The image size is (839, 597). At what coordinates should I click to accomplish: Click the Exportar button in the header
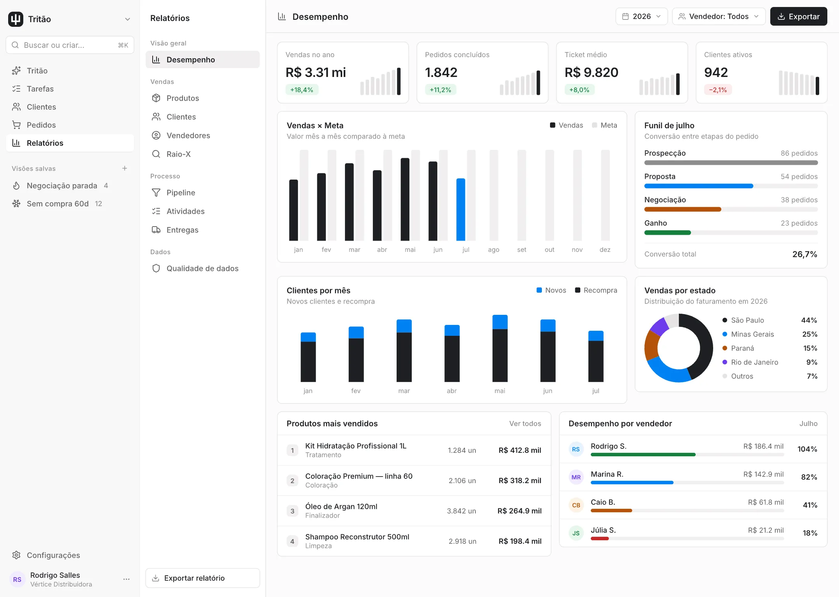(798, 16)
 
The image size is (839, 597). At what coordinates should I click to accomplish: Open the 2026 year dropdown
(641, 16)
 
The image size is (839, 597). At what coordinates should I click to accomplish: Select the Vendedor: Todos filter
(719, 16)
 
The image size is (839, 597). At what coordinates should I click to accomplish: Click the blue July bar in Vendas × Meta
(461, 209)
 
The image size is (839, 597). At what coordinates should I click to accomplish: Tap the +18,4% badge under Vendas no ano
(302, 90)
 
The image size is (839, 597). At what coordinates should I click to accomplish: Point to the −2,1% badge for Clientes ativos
(718, 90)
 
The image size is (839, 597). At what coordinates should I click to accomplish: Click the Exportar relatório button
(203, 578)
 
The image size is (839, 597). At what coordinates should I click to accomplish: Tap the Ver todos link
(525, 423)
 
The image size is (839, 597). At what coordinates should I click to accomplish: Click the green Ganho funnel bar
(668, 232)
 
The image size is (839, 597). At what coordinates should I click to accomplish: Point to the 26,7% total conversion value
(805, 254)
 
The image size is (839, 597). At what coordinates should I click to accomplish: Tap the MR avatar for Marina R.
(576, 477)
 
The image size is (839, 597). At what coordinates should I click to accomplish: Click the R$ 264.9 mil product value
(519, 511)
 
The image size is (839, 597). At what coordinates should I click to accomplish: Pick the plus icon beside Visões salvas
(125, 168)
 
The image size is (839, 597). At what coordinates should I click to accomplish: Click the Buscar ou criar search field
(70, 45)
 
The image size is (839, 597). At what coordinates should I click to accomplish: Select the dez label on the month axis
(605, 250)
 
